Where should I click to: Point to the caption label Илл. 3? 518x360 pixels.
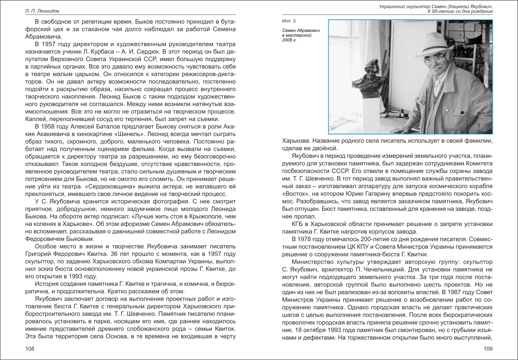click(289, 20)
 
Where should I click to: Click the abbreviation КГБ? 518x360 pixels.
click(299, 224)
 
